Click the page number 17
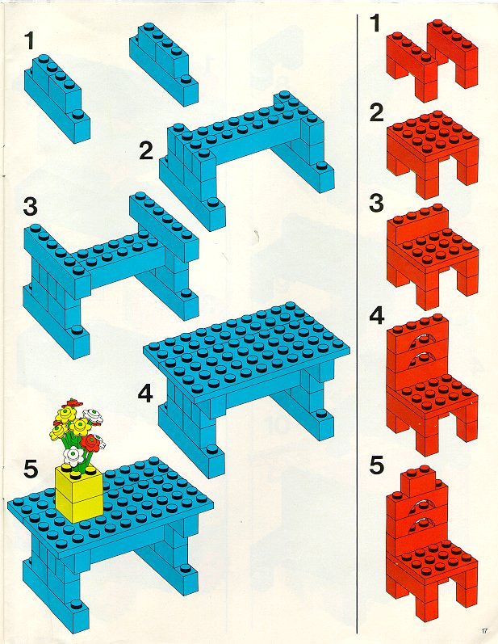click(x=484, y=630)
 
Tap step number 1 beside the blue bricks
click(x=29, y=40)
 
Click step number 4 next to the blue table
click(x=145, y=394)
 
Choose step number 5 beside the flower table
click(x=31, y=469)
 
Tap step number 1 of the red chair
click(x=375, y=23)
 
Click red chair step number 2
click(x=376, y=112)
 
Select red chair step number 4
click(x=377, y=316)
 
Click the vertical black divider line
click(x=357, y=323)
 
